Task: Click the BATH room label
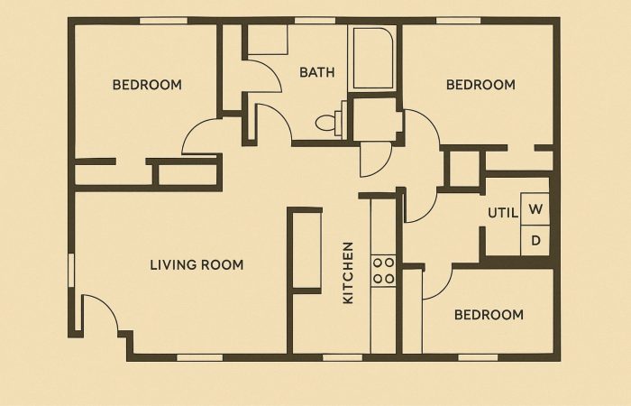point(317,72)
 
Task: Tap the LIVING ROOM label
point(197,265)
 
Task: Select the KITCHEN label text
point(348,272)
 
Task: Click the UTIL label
point(503,213)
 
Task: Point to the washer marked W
point(535,209)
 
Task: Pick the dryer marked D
point(535,241)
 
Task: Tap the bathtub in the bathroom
point(373,59)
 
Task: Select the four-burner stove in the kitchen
point(383,271)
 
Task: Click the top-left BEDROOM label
point(147,85)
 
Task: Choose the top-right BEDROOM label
point(480,85)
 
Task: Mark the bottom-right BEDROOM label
point(489,315)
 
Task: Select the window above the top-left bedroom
point(163,21)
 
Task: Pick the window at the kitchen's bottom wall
point(343,357)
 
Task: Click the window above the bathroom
point(315,21)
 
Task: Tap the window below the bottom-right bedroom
point(478,357)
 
